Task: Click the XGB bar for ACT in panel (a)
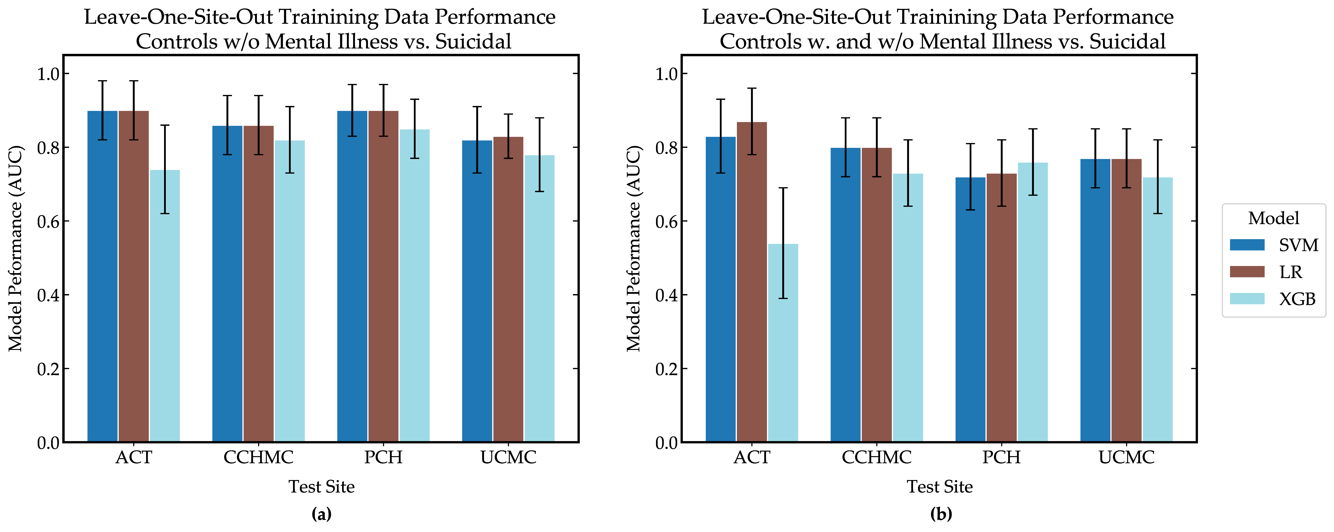click(165, 306)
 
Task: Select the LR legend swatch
click(1247, 272)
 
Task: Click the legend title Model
click(1273, 218)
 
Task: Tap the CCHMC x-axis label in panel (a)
click(258, 457)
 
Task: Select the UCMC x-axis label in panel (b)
click(1126, 457)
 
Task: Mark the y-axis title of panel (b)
click(634, 249)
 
